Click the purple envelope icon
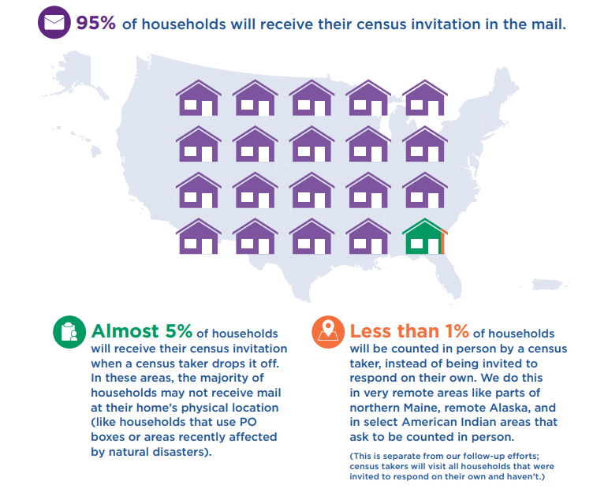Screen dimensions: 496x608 coord(54,22)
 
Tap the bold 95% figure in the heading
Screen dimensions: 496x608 coord(95,23)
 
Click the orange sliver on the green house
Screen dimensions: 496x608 coord(443,242)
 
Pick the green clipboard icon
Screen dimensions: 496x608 coord(69,332)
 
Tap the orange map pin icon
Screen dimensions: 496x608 coord(327,332)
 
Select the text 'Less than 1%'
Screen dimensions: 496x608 coord(409,332)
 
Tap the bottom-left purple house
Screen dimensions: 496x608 coord(198,237)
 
